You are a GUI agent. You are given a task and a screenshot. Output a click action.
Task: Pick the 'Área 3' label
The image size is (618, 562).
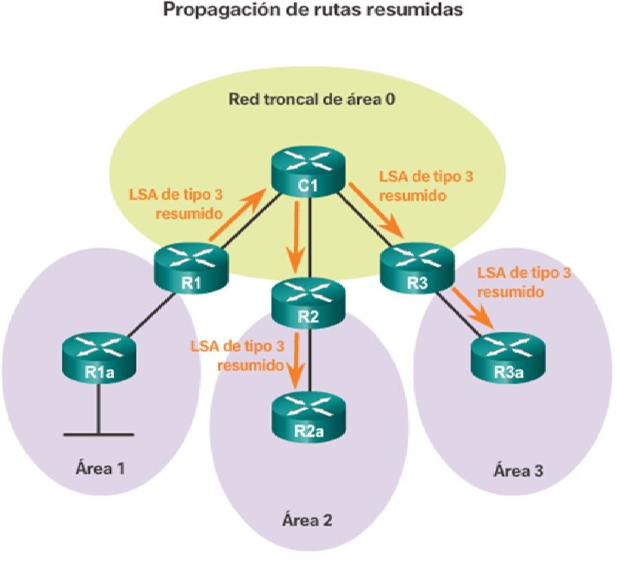[517, 471]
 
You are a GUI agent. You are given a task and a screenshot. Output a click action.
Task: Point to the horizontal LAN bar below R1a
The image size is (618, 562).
[98, 435]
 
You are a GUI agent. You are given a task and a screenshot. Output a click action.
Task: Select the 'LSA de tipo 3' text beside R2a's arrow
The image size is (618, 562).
[238, 346]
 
